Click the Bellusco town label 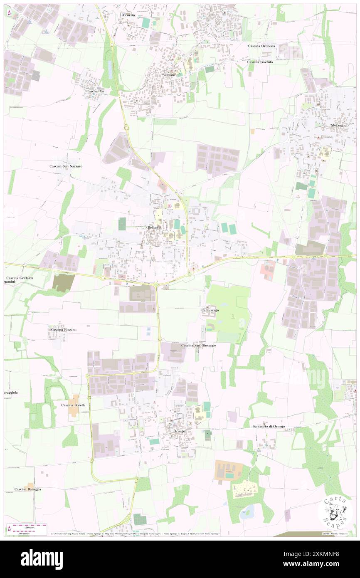(x=154, y=228)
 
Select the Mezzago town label (x=338, y=125)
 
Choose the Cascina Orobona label (x=261, y=46)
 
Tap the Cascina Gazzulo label (x=260, y=62)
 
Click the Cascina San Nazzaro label (x=66, y=166)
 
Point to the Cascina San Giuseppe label (x=198, y=346)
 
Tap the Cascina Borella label (x=73, y=405)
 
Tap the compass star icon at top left (x=9, y=12)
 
